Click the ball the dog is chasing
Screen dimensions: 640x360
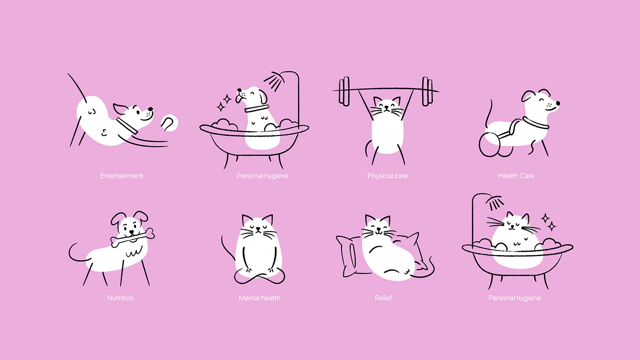tap(170, 123)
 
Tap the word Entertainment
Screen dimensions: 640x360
tap(122, 176)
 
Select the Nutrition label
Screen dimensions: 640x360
tap(120, 298)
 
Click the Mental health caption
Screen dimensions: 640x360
tap(260, 298)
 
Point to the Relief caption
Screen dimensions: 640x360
tap(383, 298)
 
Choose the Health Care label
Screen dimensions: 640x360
tap(516, 176)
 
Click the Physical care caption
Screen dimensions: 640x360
tap(388, 176)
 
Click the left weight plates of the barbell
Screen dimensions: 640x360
tap(344, 91)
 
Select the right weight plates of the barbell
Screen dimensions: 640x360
tap(427, 91)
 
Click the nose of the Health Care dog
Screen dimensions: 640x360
tap(558, 103)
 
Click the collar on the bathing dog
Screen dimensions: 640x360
tap(256, 108)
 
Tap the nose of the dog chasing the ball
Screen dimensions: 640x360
tap(150, 109)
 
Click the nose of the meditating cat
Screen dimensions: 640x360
tap(258, 228)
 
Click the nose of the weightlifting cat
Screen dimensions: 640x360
tap(386, 107)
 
